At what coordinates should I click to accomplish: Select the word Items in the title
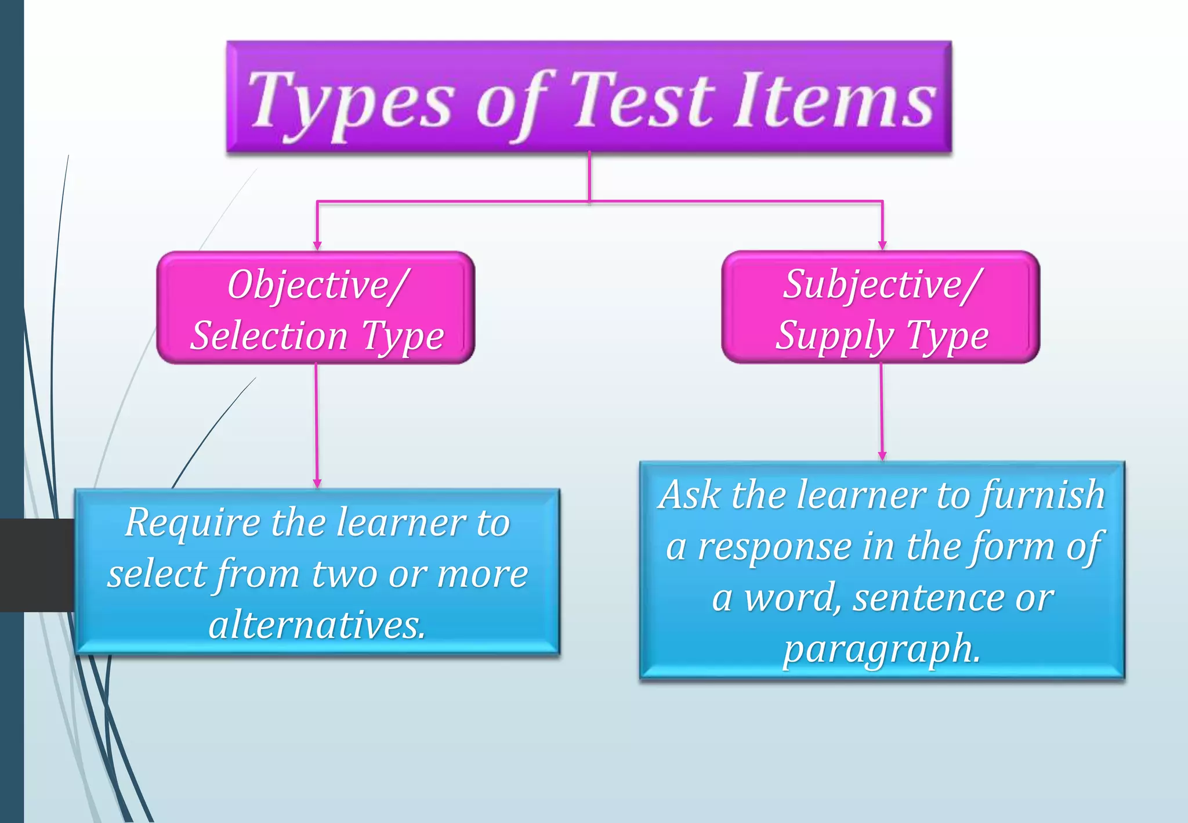pyautogui.click(x=835, y=100)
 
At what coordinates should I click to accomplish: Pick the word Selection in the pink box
pyautogui.click(x=269, y=336)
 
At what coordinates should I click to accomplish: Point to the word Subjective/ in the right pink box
pyautogui.click(x=882, y=286)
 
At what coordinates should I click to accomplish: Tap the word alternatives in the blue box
pyautogui.click(x=317, y=625)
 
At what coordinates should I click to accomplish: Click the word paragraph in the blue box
pyautogui.click(x=881, y=649)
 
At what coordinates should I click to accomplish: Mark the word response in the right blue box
pyautogui.click(x=775, y=547)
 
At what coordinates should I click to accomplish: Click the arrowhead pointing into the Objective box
pyautogui.click(x=317, y=246)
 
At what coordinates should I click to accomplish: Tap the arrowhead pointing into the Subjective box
pyautogui.click(x=882, y=246)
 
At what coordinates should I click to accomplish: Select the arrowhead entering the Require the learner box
pyautogui.click(x=317, y=483)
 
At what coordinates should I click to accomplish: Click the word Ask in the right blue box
pyautogui.click(x=690, y=496)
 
